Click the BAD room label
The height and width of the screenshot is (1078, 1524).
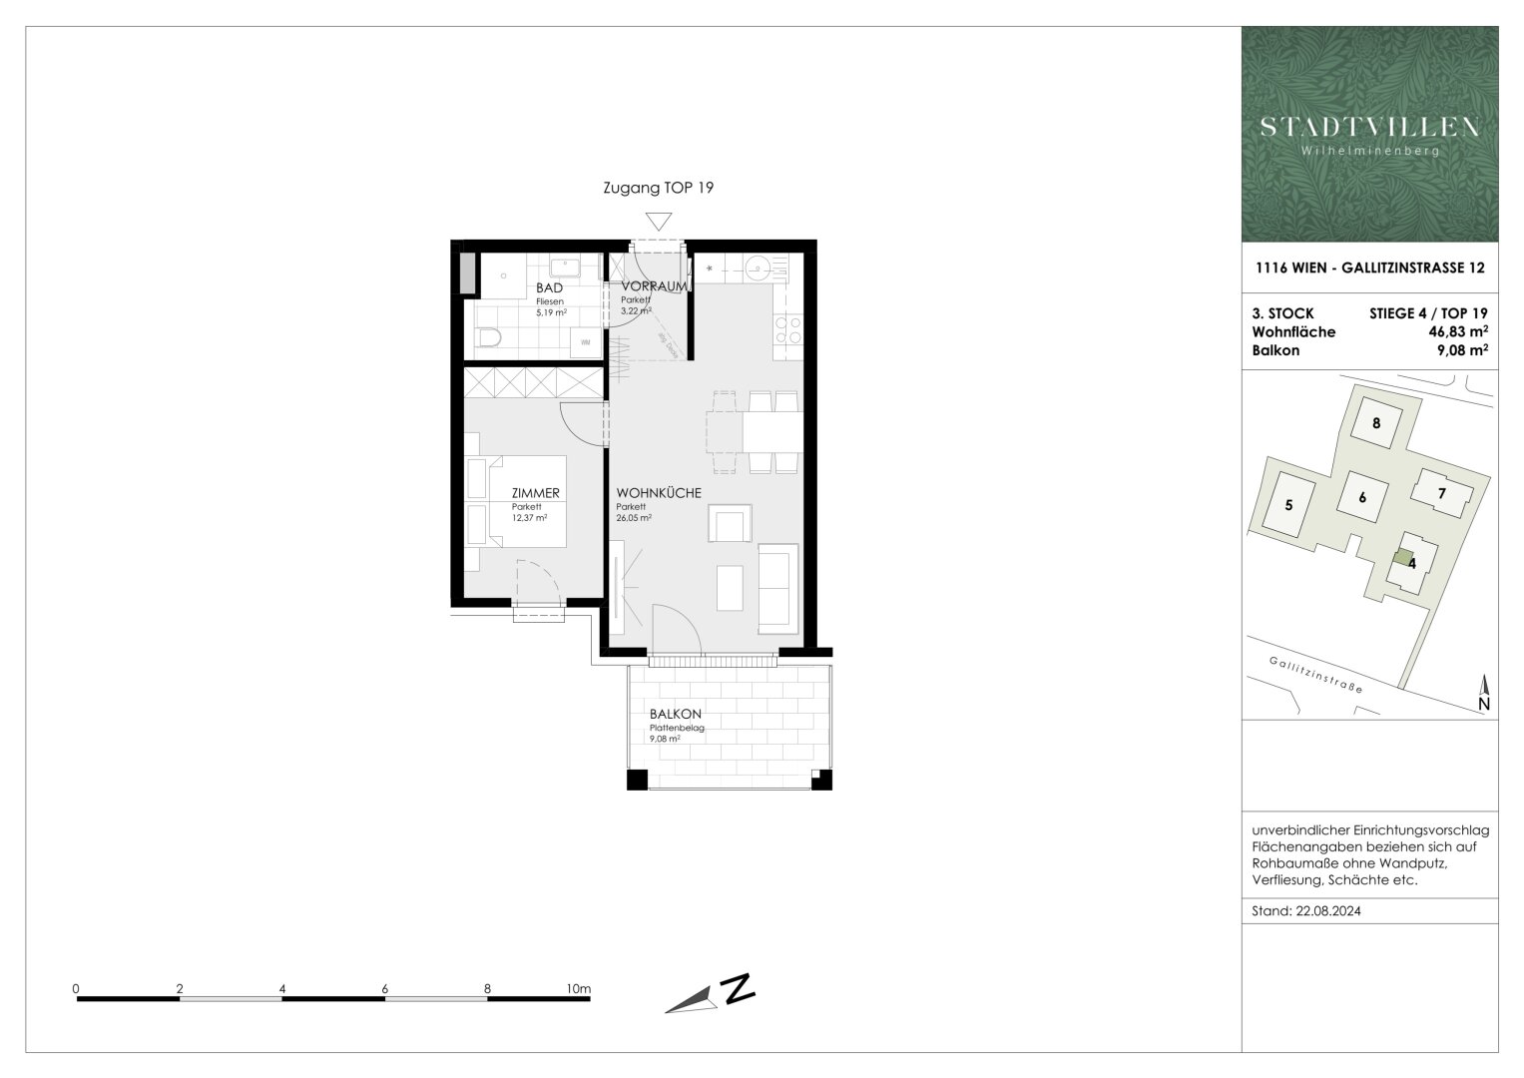point(549,288)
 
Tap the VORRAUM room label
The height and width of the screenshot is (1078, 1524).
point(654,286)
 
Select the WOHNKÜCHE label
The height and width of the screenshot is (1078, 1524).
point(658,493)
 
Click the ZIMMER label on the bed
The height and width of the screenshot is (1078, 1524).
point(535,493)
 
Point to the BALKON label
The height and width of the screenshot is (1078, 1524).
point(676,715)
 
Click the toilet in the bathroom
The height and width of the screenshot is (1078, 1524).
point(488,339)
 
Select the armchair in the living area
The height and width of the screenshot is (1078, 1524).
point(728,523)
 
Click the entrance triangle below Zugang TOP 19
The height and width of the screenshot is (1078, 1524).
point(659,222)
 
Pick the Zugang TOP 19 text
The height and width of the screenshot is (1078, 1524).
point(659,188)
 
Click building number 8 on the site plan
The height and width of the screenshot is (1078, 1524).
point(1376,422)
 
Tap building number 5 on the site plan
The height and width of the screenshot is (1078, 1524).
point(1288,505)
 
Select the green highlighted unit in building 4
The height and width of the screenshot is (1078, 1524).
point(1403,558)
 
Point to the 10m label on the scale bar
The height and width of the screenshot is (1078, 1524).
point(578,989)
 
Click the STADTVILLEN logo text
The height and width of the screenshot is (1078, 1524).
point(1369,127)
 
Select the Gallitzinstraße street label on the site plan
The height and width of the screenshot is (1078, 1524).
point(1315,676)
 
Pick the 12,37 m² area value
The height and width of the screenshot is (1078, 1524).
point(529,518)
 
